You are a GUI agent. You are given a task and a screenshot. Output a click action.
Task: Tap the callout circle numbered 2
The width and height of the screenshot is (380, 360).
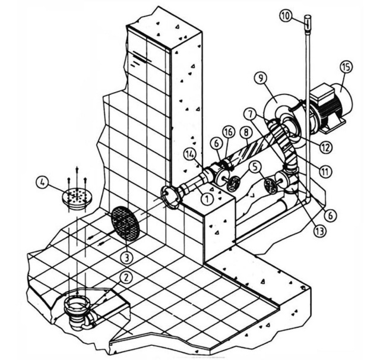[126, 278]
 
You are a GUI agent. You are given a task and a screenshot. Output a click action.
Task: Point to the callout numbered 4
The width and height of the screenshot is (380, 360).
[43, 183]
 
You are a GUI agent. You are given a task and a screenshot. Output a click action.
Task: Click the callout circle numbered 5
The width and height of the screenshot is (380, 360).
[255, 167]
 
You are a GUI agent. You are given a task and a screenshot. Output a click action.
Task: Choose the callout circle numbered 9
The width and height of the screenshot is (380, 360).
[261, 79]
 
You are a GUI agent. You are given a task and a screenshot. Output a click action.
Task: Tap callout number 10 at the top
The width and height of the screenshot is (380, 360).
[286, 16]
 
